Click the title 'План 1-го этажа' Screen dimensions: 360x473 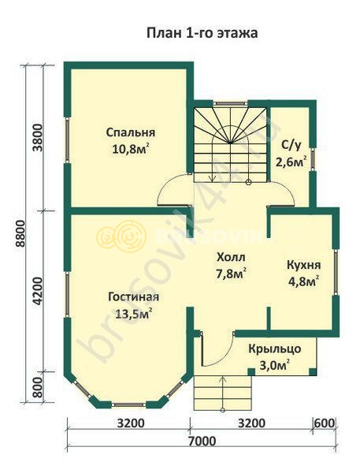[x=202, y=33]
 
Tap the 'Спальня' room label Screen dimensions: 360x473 [x=131, y=132]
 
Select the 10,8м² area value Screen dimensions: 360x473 [x=131, y=149]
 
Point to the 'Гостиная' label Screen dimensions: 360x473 [x=134, y=297]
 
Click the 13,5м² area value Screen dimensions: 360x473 [x=134, y=314]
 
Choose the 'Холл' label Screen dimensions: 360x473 [x=232, y=257]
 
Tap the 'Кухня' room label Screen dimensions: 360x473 [x=303, y=265]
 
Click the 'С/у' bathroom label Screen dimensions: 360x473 [x=291, y=145]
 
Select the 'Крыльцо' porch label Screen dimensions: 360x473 [x=275, y=348]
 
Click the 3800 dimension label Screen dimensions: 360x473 [x=39, y=138]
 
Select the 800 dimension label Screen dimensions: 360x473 [x=39, y=387]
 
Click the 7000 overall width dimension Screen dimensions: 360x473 [x=202, y=441]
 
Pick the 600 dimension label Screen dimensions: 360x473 [x=325, y=423]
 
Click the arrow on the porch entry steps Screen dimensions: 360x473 [x=223, y=393]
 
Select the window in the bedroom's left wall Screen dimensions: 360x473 [x=67, y=140]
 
